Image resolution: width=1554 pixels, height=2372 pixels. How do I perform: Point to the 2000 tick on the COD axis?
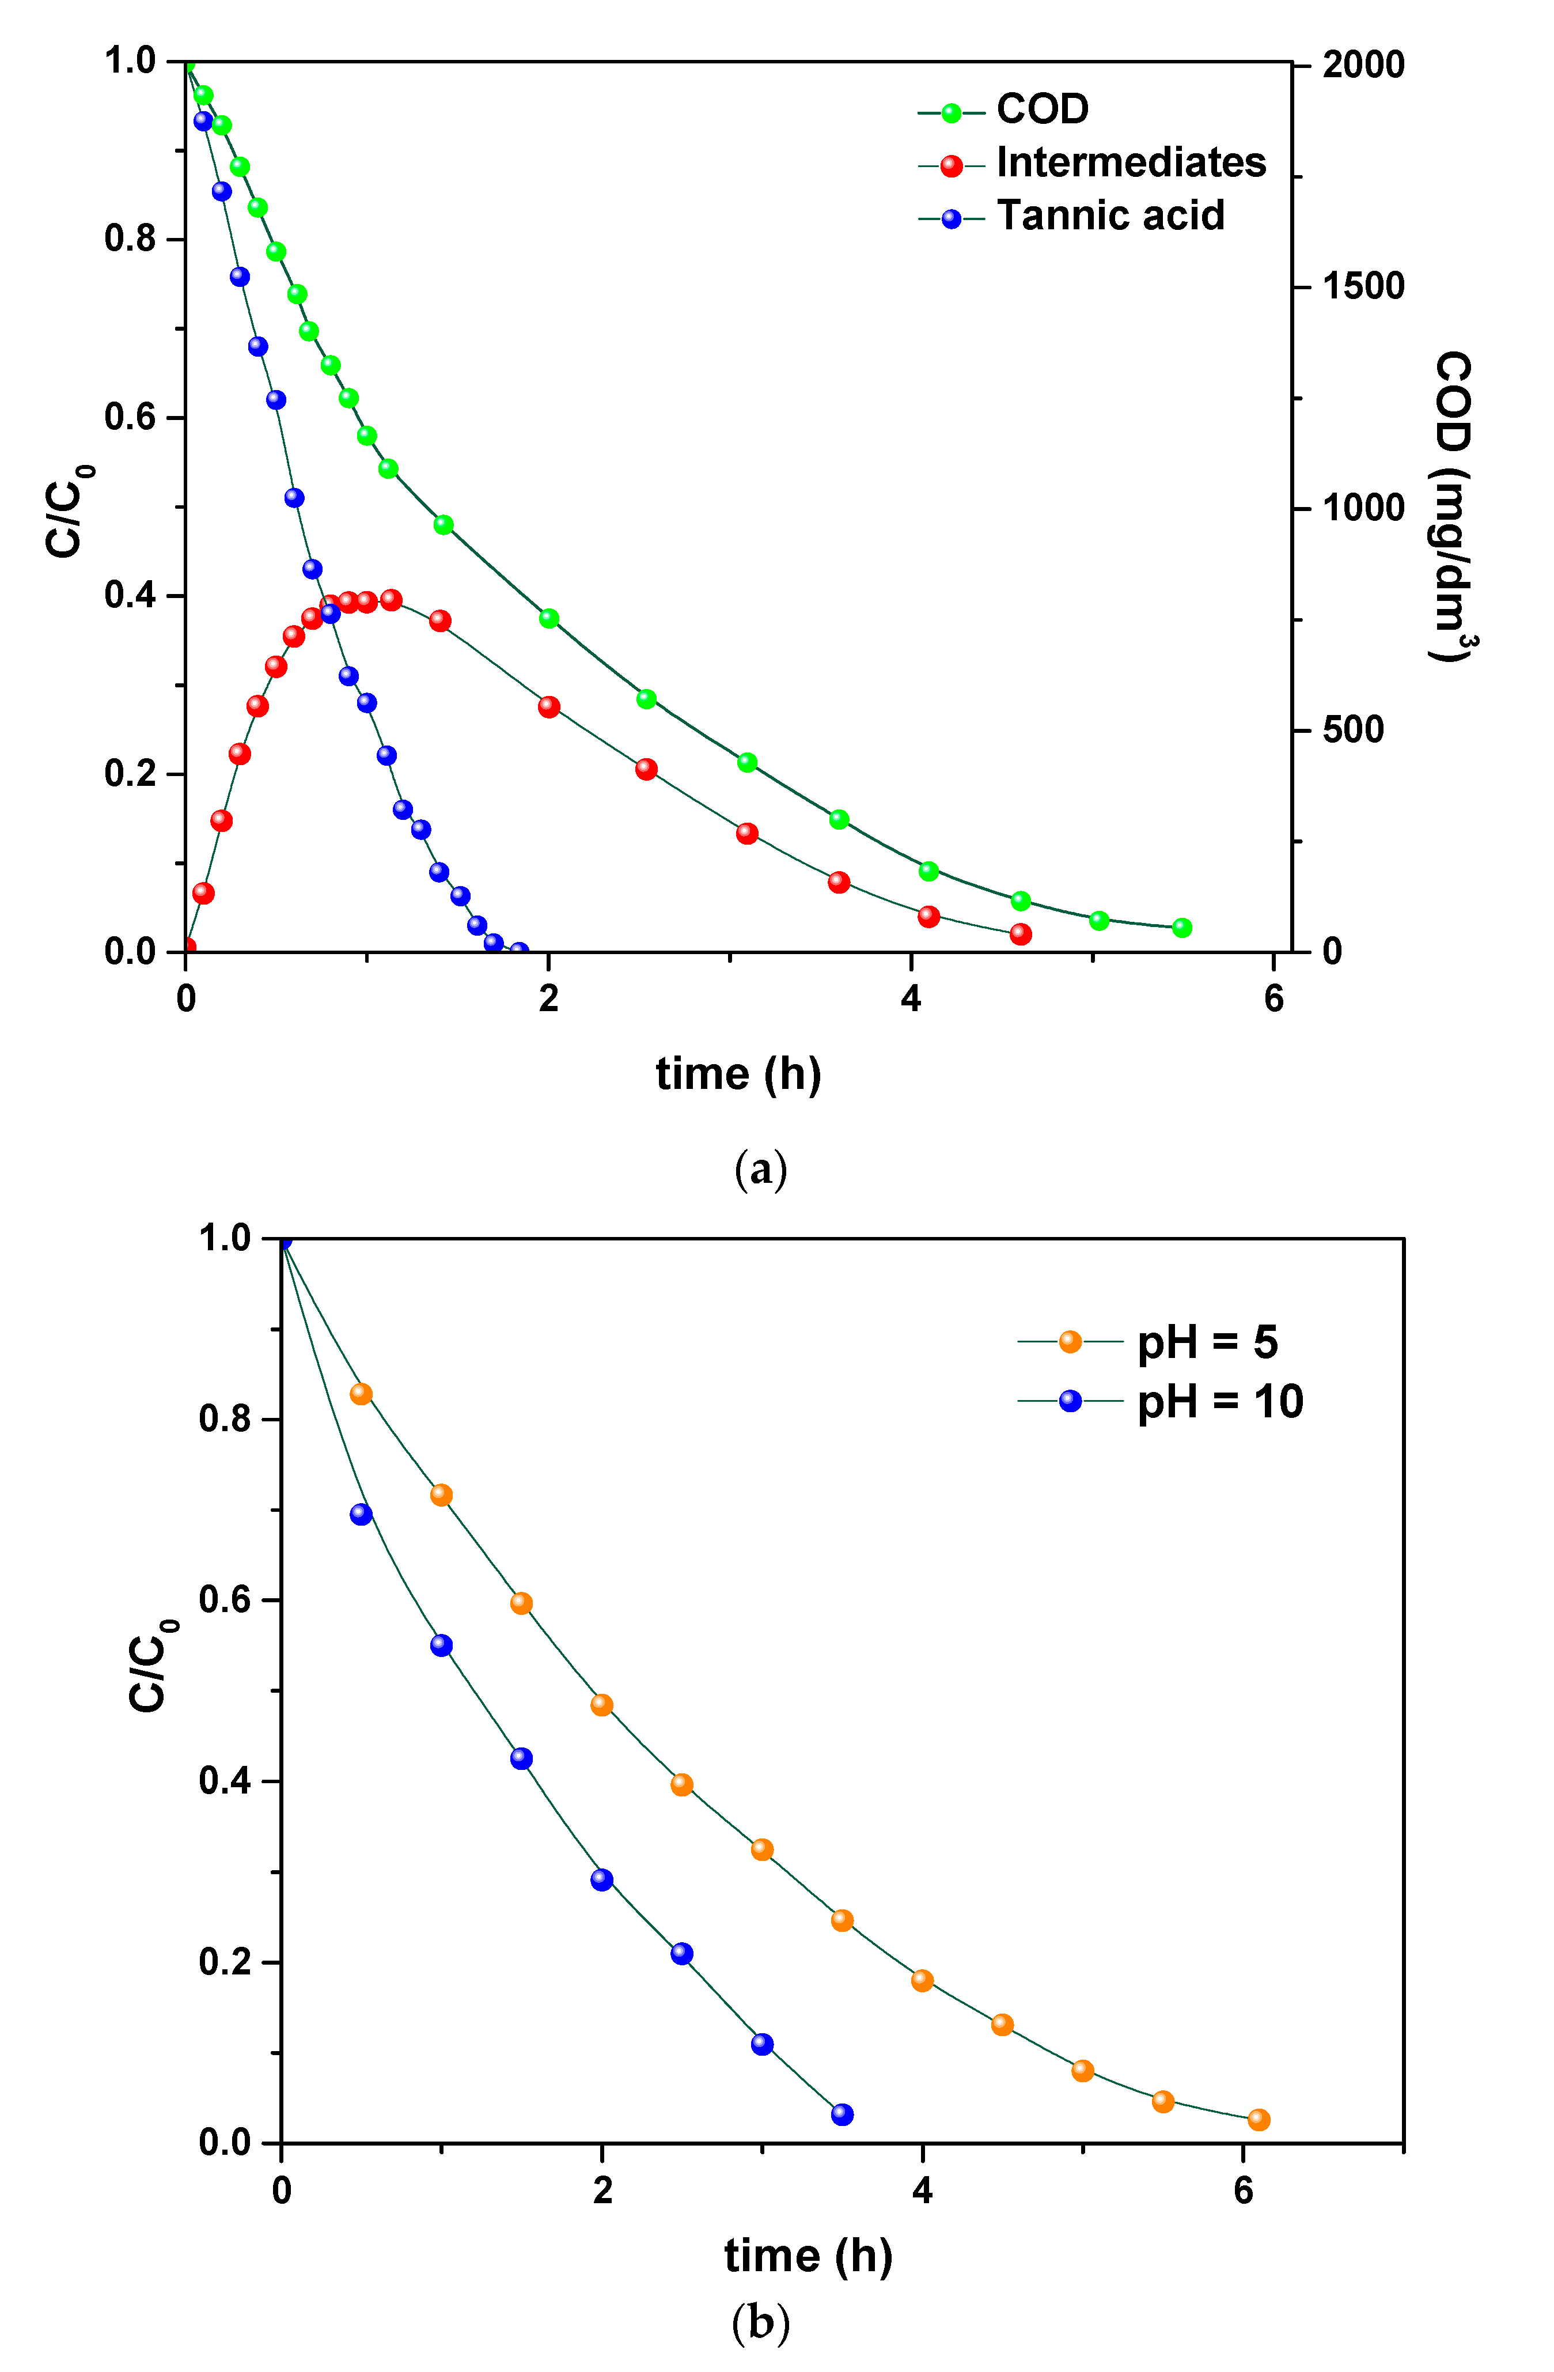click(x=1363, y=65)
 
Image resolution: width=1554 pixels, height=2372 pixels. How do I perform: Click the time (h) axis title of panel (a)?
click(x=738, y=1075)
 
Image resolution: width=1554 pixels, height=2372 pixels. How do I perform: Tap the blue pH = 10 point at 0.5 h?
click(x=362, y=1515)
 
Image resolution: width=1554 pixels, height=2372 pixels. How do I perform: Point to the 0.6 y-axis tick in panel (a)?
click(x=130, y=418)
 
